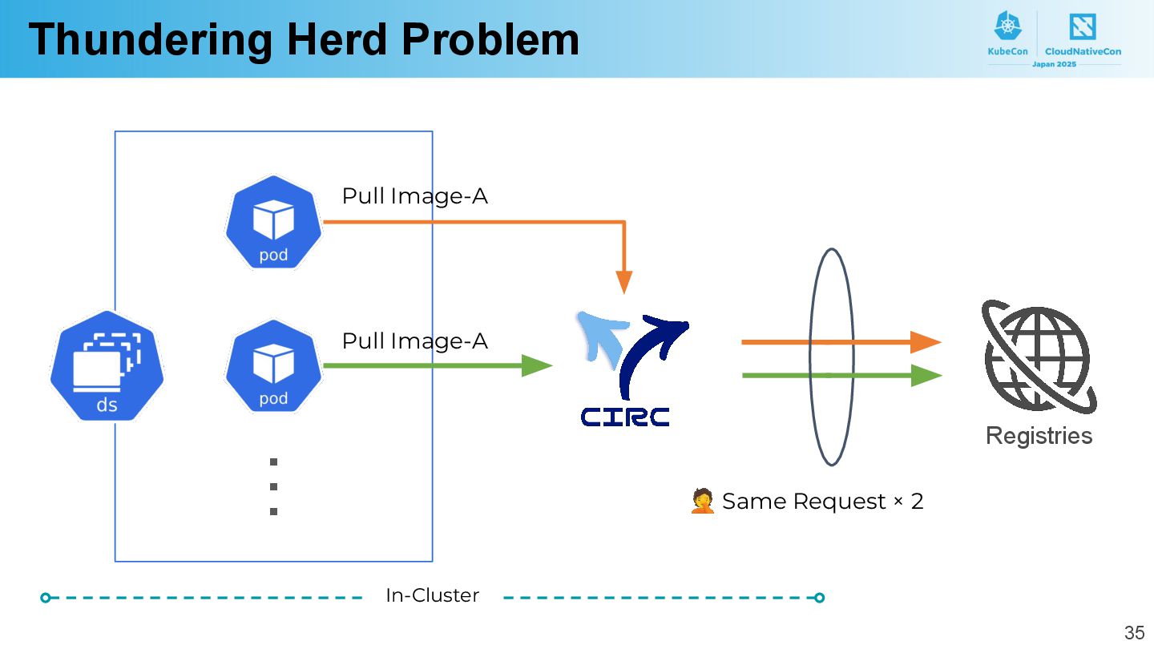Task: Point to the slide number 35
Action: (x=1134, y=632)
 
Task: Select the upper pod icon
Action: (x=273, y=222)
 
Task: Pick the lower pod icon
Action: (x=273, y=366)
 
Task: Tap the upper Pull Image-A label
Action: (x=414, y=196)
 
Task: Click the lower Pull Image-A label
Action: (x=414, y=341)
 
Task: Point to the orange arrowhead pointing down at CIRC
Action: (x=623, y=282)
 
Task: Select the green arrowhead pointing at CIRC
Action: (x=537, y=366)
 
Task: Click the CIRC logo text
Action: (x=625, y=417)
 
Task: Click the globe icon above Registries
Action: (x=1039, y=357)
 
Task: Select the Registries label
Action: (x=1039, y=435)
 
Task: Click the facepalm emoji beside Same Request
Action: (x=702, y=502)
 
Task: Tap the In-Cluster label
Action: (x=432, y=595)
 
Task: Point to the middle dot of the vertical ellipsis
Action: (x=273, y=486)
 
